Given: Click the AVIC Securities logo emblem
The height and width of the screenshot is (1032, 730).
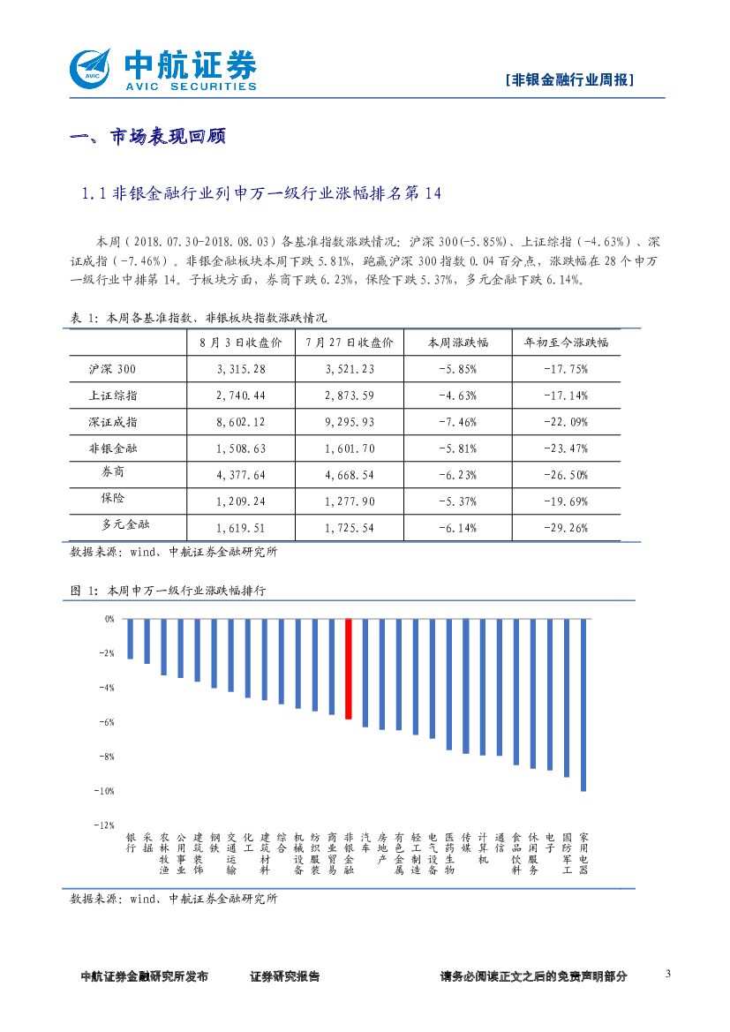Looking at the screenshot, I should pyautogui.click(x=90, y=67).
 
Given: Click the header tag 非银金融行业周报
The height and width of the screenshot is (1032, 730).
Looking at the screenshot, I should pyautogui.click(x=571, y=79).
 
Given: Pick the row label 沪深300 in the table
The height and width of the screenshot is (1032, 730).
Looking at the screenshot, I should pyautogui.click(x=113, y=369).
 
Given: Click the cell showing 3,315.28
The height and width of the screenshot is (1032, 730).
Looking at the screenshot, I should pyautogui.click(x=240, y=369).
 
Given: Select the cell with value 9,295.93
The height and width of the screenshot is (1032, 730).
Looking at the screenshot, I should pyautogui.click(x=350, y=422).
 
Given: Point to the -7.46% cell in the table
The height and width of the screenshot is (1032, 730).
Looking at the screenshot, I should pyautogui.click(x=457, y=422).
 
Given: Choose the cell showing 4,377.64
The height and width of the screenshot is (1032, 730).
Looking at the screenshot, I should pyautogui.click(x=240, y=475).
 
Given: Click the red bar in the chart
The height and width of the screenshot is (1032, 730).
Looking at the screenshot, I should pyautogui.click(x=349, y=669).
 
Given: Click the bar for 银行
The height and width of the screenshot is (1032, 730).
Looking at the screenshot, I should pyautogui.click(x=130, y=639).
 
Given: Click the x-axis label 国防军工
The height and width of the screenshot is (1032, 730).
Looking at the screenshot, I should pyautogui.click(x=567, y=853).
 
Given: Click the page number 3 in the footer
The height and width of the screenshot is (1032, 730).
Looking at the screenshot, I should pyautogui.click(x=667, y=975).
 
